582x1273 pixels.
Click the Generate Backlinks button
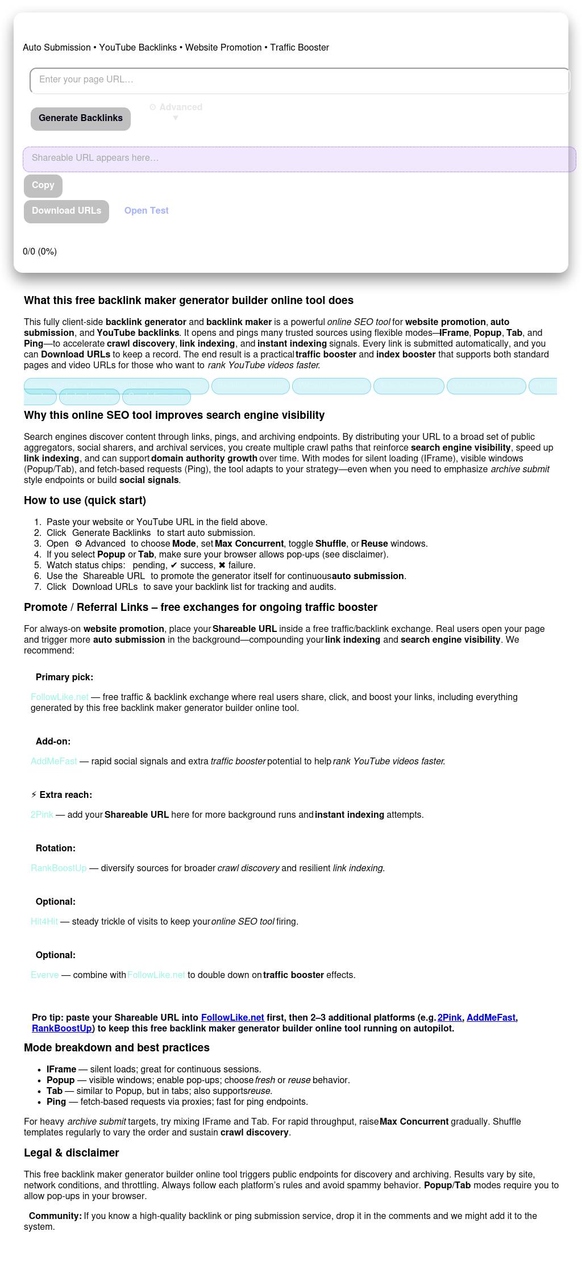pos(81,118)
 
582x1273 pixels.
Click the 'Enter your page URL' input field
pos(300,80)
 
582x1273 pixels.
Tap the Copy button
pos(43,185)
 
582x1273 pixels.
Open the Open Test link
pos(147,211)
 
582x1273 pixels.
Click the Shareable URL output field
pos(300,159)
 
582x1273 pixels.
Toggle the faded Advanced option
pos(176,108)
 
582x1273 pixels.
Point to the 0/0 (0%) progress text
pos(40,252)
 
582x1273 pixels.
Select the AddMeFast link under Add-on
pos(54,762)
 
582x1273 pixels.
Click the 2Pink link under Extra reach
pos(42,815)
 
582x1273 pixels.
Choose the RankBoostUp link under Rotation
pos(59,868)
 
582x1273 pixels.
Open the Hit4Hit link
pos(44,922)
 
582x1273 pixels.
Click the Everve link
pos(45,975)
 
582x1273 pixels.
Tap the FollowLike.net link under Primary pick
pos(60,697)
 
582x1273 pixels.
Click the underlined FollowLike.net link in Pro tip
pos(232,1018)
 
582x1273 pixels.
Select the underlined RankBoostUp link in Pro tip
pos(62,1029)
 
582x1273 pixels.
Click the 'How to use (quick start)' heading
pos(85,501)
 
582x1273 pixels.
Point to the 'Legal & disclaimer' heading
pos(72,1153)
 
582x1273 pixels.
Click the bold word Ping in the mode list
pos(56,1102)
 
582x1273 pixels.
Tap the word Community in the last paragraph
pos(55,1216)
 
